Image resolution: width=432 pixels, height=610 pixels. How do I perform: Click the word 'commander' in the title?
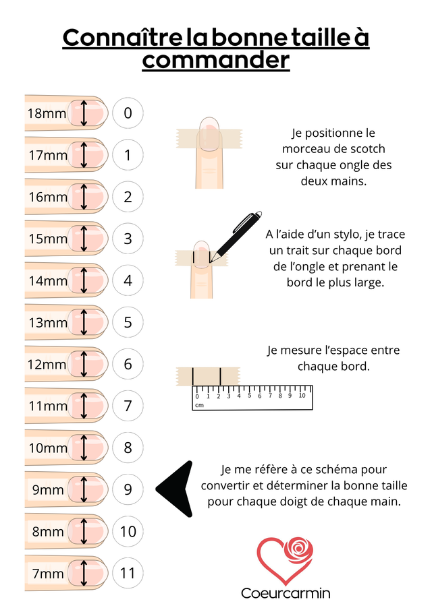[x=216, y=60]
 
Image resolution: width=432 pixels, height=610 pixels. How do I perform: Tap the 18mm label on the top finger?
[x=47, y=113]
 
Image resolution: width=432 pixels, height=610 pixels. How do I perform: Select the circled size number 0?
[x=128, y=113]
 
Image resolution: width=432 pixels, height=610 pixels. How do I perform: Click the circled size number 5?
[x=128, y=322]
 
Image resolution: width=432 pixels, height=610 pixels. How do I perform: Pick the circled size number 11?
[x=128, y=573]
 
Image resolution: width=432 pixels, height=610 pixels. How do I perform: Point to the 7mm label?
[x=48, y=574]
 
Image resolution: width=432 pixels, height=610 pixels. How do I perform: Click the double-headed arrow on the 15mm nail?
[x=83, y=239]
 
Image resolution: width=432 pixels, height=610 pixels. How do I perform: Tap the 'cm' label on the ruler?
[x=199, y=405]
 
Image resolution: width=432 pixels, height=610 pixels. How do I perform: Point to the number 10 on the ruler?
[x=302, y=396]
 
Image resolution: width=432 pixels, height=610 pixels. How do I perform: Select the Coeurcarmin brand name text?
[x=286, y=593]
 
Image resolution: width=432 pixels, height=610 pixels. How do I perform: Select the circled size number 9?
[x=128, y=489]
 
